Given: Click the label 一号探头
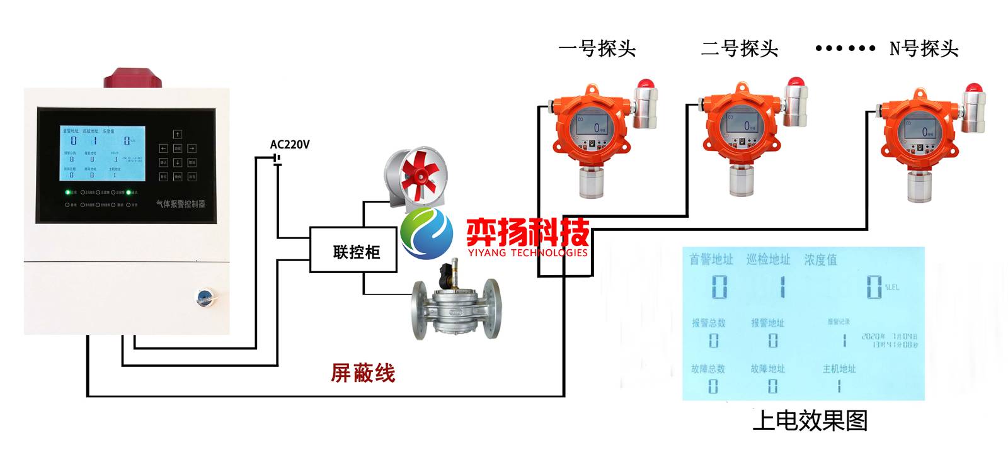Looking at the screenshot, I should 597,48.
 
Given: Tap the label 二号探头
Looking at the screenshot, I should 740,48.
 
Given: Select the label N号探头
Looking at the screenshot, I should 923,48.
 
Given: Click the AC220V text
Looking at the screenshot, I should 290,145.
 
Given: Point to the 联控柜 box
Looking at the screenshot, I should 353,250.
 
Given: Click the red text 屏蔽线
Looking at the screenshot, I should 363,373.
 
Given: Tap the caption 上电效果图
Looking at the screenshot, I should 810,420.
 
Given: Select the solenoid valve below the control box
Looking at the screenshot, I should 455,302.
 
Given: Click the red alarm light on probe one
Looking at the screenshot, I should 644,86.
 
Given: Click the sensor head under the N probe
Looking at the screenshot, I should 921,185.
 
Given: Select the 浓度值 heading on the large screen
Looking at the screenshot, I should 820,259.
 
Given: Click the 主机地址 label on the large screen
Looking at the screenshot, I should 839,369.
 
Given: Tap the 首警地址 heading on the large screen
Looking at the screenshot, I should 711,259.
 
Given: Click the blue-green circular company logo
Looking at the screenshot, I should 427,232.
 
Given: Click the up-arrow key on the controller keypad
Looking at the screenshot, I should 178,134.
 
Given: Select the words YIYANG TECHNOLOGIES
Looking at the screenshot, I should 527,253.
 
